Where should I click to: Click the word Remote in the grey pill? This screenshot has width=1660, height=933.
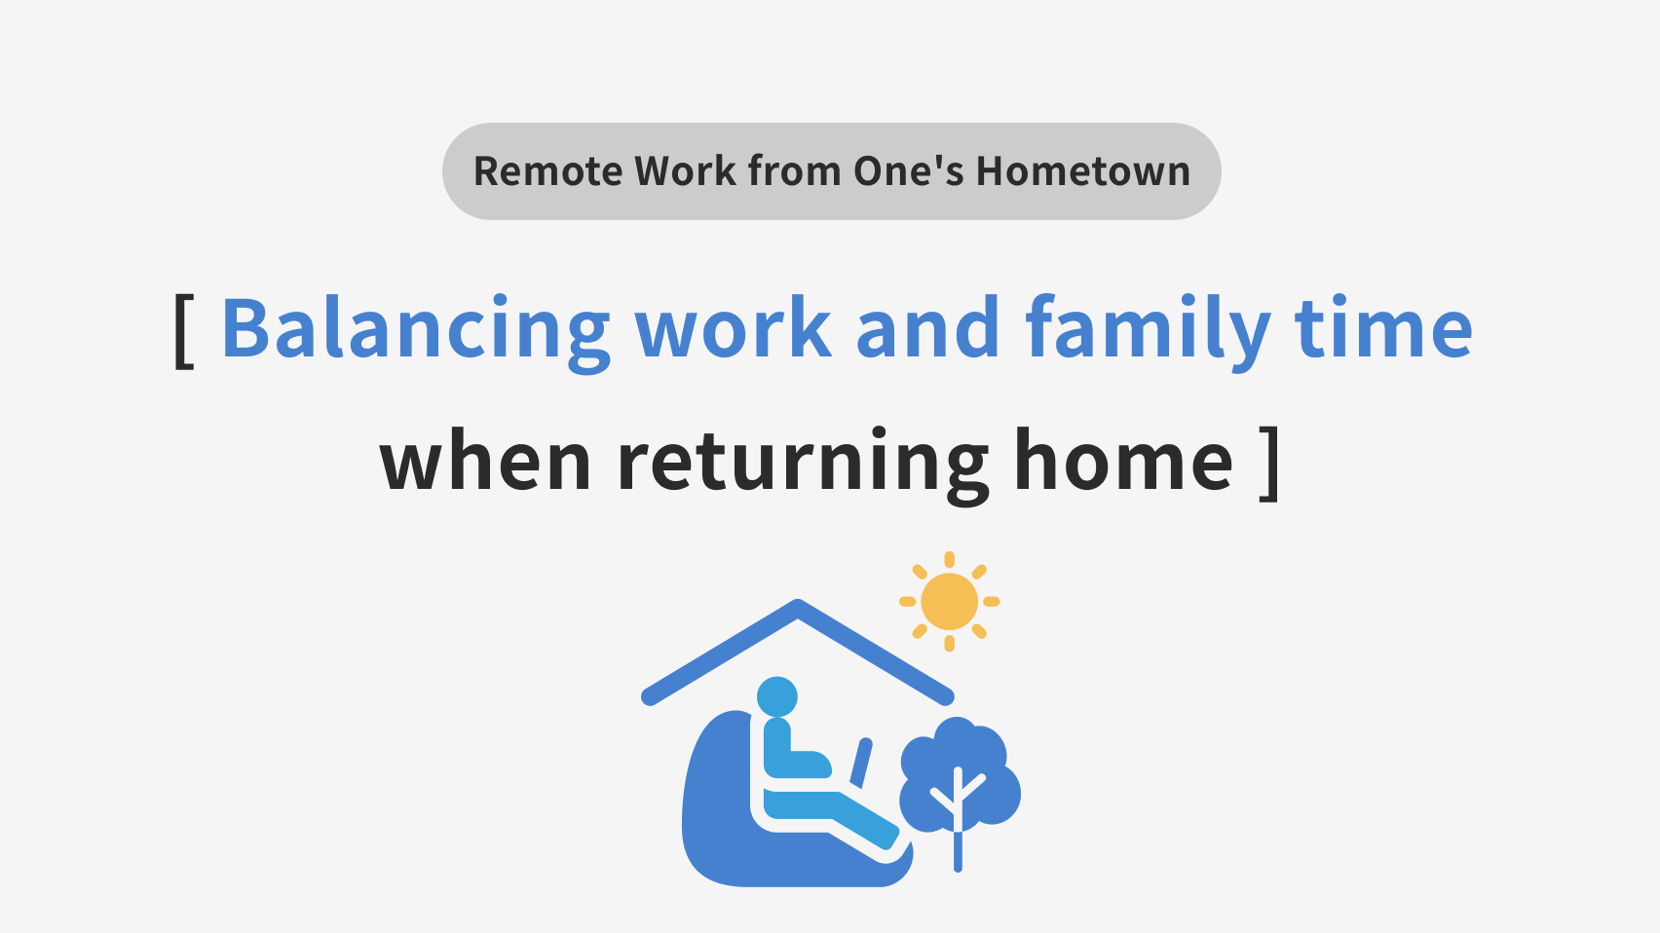547,171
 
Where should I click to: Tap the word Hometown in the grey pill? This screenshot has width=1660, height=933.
1082,171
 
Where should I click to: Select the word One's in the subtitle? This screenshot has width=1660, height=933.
909,171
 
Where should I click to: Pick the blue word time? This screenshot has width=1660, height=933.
1383,327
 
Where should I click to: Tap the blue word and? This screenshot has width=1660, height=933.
927,327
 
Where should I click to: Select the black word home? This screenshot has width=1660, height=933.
1123,461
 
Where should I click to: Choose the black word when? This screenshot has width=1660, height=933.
485,461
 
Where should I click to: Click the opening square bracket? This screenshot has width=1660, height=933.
184,330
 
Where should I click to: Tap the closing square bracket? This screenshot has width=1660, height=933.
1269,464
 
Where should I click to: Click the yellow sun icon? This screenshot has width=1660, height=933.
949,601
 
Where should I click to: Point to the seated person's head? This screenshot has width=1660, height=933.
777,696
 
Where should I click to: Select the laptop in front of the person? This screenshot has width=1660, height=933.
861,762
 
